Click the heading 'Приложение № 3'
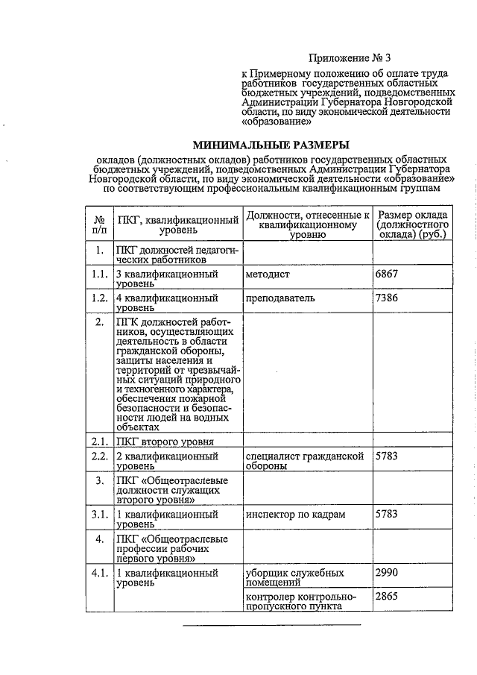(348, 58)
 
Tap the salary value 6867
(388, 274)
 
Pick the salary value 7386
(388, 298)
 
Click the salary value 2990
(388, 573)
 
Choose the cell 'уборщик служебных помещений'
(294, 578)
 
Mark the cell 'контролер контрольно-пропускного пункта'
(300, 601)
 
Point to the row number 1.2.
(99, 298)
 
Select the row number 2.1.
(99, 441)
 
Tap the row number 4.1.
(99, 574)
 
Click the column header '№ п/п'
(99, 223)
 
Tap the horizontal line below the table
(272, 624)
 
